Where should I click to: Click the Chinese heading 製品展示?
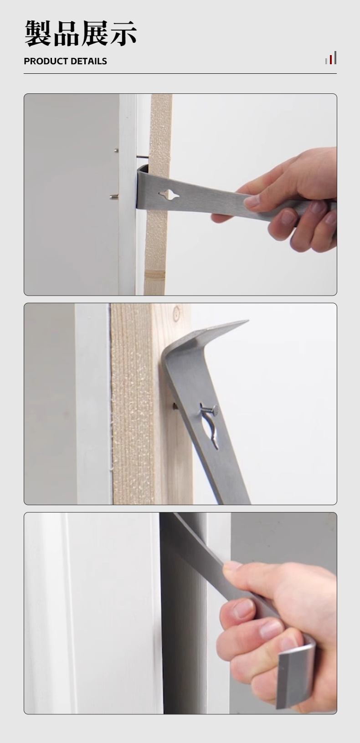(81, 33)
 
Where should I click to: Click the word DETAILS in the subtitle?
(88, 61)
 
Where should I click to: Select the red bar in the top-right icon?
(331, 60)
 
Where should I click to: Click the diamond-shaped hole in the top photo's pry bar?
(169, 195)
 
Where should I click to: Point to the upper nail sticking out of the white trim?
(116, 151)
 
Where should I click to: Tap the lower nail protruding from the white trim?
(114, 197)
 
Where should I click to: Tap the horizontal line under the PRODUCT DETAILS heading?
(180, 74)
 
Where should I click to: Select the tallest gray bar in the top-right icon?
(335, 57)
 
